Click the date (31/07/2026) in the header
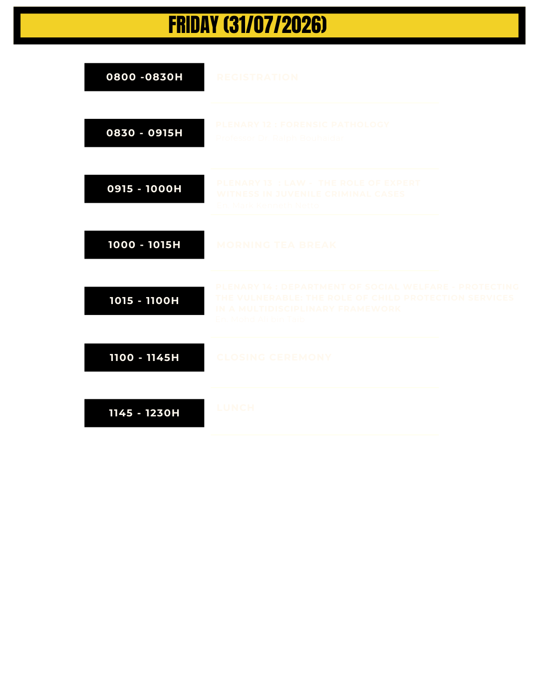[275, 25]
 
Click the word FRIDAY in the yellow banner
[194, 25]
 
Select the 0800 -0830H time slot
[144, 77]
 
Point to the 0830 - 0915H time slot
[144, 133]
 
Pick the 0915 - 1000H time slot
[144, 189]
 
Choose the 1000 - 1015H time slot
[144, 245]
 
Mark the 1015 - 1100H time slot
[144, 301]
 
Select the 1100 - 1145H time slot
[144, 357]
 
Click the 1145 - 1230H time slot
[144, 413]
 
